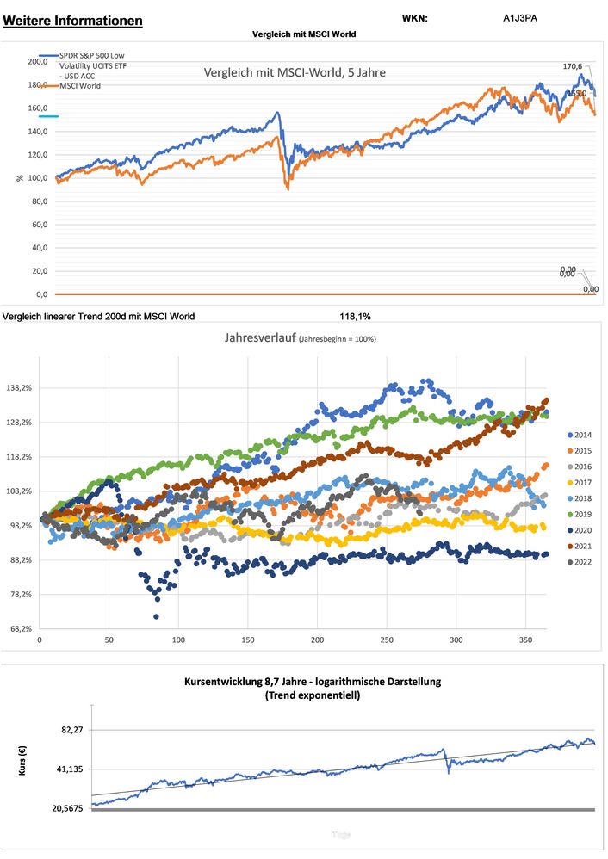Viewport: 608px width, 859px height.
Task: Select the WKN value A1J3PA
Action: [521, 18]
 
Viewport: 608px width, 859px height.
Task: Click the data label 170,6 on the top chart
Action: [572, 66]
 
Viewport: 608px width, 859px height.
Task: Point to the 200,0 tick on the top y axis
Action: [38, 62]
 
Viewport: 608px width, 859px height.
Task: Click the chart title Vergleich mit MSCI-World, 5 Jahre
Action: [295, 73]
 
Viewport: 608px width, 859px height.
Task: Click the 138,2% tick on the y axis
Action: [19, 388]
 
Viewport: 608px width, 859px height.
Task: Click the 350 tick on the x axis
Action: [525, 641]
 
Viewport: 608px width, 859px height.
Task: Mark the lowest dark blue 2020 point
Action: [156, 616]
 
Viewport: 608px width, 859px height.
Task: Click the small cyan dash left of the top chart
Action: [48, 115]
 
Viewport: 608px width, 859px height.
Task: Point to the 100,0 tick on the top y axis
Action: [38, 178]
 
